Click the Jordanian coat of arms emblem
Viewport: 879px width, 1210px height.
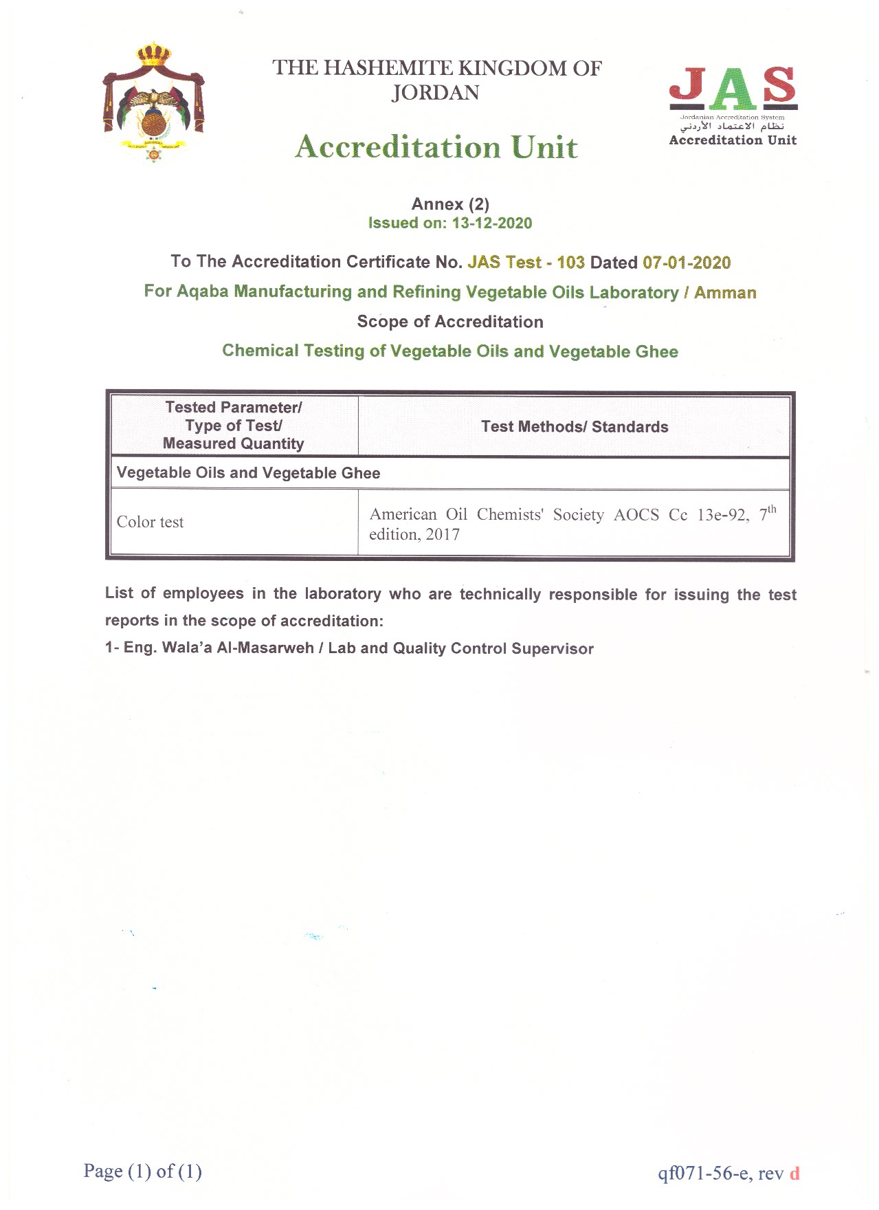coord(154,102)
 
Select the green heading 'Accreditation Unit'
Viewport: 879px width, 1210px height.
coord(436,147)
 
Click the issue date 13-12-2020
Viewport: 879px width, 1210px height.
coord(491,223)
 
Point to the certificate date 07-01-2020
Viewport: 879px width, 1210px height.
coord(687,263)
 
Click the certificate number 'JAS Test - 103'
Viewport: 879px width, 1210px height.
coord(526,262)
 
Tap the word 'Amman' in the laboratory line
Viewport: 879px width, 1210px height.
coord(725,292)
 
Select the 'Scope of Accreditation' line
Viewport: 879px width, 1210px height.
coord(450,322)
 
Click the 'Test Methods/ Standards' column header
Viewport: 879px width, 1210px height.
coord(575,426)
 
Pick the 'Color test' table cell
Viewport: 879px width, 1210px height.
coord(151,522)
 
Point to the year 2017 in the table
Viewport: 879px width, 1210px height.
coord(443,534)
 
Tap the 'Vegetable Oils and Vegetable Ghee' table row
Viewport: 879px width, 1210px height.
coord(248,473)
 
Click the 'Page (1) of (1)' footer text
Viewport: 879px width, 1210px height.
coord(143,1171)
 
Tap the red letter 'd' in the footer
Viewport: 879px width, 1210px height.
coord(794,1173)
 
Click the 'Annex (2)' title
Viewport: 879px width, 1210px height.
coord(450,204)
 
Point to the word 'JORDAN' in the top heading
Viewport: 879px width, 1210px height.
coord(435,93)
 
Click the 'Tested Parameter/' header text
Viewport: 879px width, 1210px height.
coord(234,407)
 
